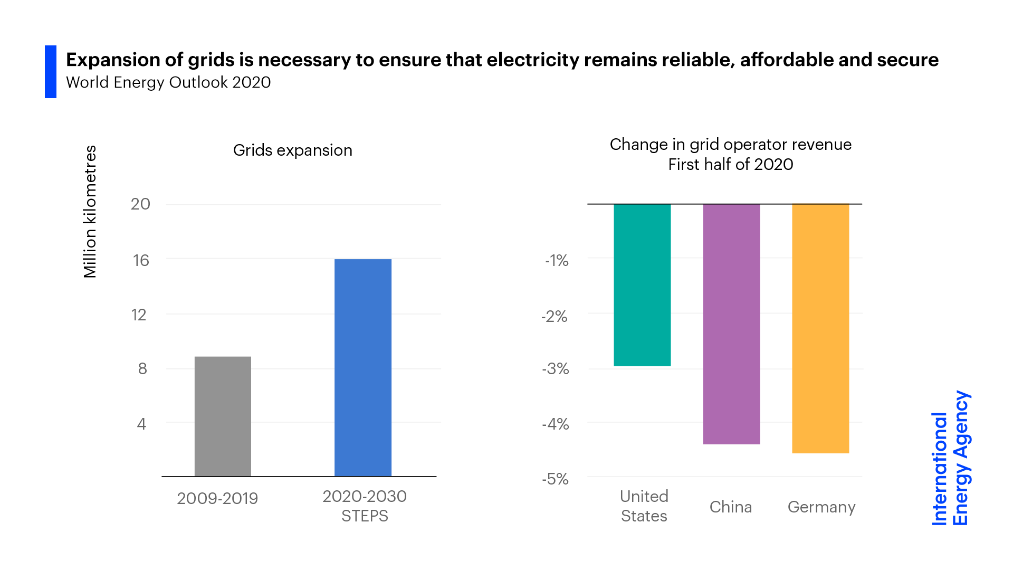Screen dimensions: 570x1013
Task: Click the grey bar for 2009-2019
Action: click(x=223, y=416)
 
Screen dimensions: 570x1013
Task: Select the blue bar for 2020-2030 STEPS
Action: click(x=363, y=367)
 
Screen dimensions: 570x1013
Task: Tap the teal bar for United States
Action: click(x=642, y=285)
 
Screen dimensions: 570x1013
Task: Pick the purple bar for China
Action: click(x=731, y=324)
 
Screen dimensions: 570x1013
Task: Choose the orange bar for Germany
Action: click(x=820, y=328)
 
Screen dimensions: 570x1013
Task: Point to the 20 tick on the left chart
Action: click(x=140, y=204)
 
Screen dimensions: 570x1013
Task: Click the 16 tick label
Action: click(x=141, y=260)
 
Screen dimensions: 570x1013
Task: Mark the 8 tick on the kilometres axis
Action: click(x=142, y=368)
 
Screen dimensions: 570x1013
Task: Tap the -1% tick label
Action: click(x=557, y=260)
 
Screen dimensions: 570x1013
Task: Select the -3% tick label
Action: click(x=556, y=368)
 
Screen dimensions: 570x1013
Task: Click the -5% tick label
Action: click(x=556, y=479)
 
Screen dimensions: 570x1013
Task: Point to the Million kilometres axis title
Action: click(x=90, y=212)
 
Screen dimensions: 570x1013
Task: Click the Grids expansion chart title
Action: click(x=293, y=150)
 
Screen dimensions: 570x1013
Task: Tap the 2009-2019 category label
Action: click(x=217, y=498)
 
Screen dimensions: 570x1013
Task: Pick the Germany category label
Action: click(x=821, y=507)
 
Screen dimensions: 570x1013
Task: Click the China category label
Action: click(x=731, y=507)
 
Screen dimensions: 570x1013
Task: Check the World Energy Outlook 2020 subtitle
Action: click(x=168, y=82)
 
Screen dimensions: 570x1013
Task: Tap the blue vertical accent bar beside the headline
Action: click(x=51, y=72)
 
